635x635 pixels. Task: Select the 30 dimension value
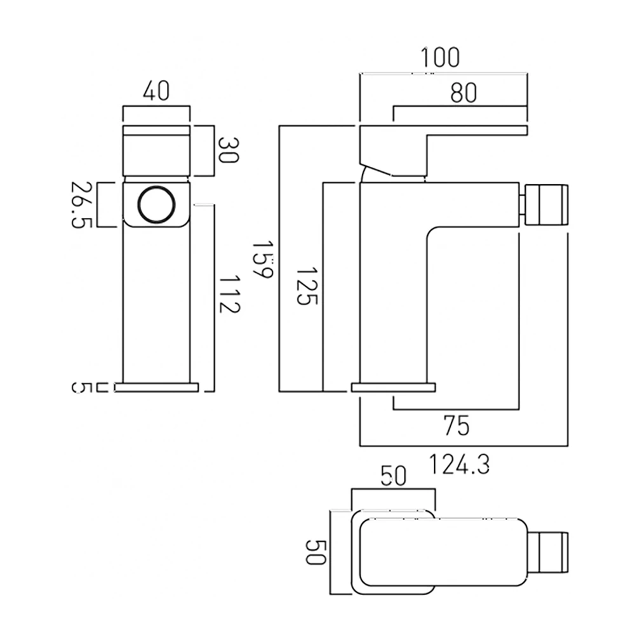[x=228, y=150]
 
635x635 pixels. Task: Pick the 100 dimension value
[x=439, y=58]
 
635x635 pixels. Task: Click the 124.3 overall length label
[x=458, y=465]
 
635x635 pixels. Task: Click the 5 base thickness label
[x=80, y=387]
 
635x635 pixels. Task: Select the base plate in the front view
[x=156, y=387]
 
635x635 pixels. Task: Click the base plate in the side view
[x=394, y=387]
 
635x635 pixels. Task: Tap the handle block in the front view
[x=156, y=150]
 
